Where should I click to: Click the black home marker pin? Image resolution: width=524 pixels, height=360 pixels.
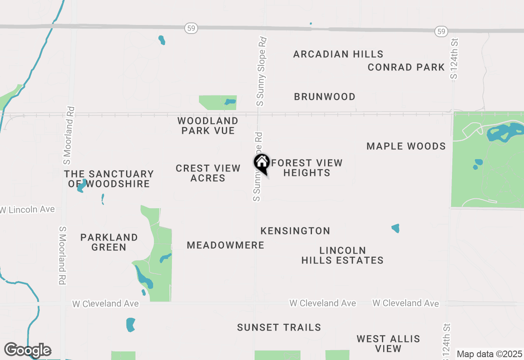tap(262, 163)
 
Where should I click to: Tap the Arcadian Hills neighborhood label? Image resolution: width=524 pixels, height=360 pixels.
tap(338, 54)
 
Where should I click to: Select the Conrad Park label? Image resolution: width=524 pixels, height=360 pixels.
tap(406, 67)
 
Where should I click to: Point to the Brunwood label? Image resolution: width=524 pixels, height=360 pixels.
tap(325, 97)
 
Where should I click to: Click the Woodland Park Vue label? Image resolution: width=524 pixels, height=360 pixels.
tap(208, 126)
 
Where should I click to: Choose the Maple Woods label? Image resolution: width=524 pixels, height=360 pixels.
tap(406, 146)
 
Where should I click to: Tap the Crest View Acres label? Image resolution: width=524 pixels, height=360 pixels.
tap(208, 173)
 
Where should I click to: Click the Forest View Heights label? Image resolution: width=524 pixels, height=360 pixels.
tap(307, 168)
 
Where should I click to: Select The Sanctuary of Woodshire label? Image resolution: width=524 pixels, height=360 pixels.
tap(109, 179)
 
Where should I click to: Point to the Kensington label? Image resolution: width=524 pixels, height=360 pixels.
tap(295, 231)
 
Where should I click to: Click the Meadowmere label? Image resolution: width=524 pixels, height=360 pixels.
tap(226, 245)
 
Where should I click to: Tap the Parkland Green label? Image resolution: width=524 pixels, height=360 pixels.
tap(109, 242)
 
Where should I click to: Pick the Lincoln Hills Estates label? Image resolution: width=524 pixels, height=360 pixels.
tap(343, 255)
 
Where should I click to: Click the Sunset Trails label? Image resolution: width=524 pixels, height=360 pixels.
tap(279, 327)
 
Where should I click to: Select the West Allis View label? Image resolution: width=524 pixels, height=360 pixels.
tap(388, 344)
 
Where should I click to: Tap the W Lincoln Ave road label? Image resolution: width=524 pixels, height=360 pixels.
tap(28, 209)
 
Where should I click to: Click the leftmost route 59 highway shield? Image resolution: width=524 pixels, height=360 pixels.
tap(191, 28)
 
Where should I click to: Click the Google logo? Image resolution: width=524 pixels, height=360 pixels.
tap(27, 350)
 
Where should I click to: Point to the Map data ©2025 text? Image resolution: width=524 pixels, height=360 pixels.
tap(489, 354)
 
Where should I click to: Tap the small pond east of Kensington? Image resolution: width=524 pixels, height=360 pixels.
tap(395, 228)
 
